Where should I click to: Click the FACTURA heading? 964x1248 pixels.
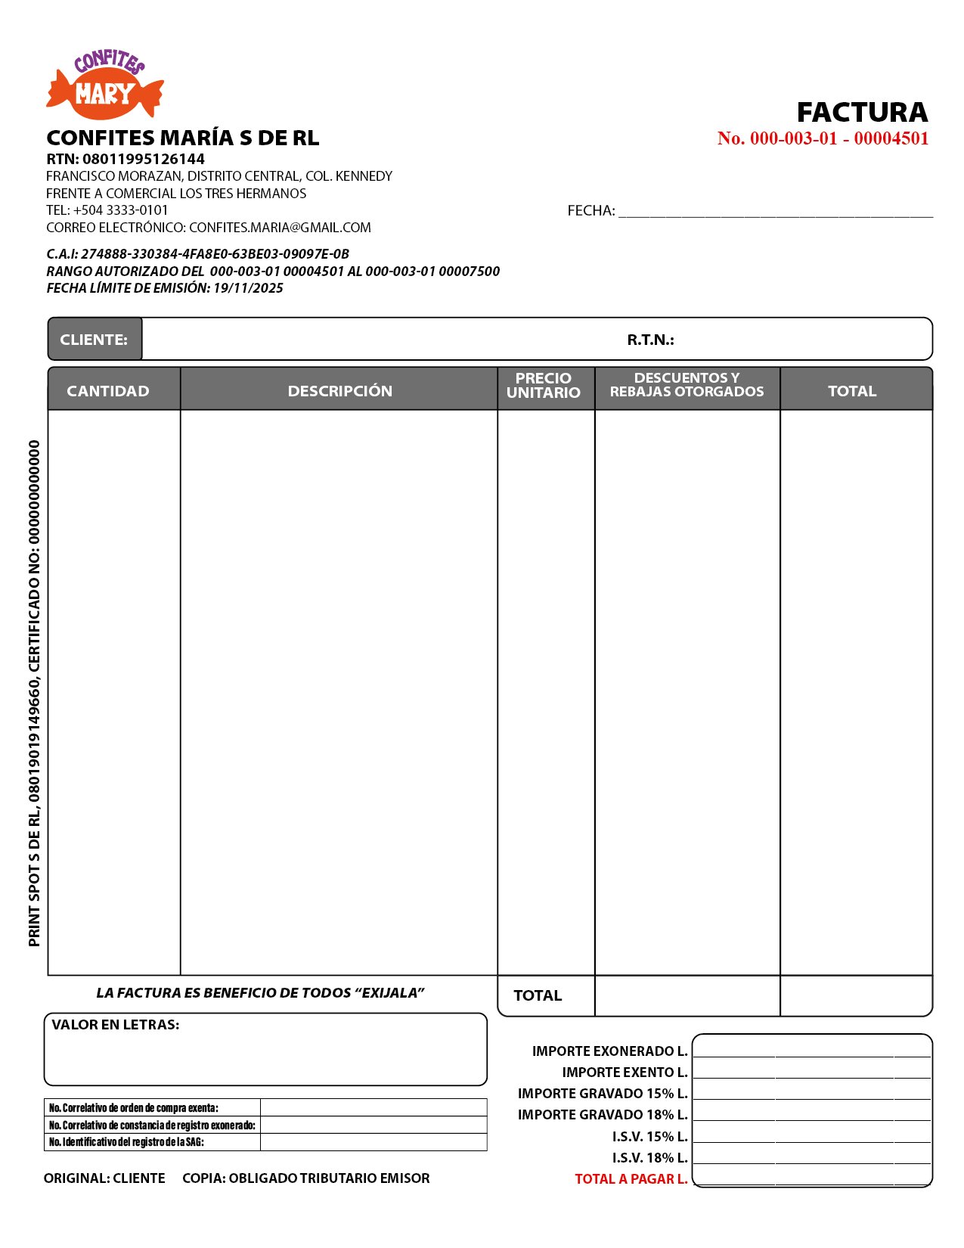(x=862, y=113)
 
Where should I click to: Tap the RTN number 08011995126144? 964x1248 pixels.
(x=143, y=159)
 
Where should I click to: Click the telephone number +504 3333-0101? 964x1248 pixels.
(x=121, y=210)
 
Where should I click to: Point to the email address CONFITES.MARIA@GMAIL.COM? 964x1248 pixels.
(x=280, y=228)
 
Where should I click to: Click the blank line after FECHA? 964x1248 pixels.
(x=775, y=211)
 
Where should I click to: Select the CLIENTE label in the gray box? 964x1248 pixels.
(x=94, y=340)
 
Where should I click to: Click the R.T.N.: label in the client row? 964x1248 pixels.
(x=650, y=340)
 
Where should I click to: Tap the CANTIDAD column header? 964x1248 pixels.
(x=108, y=391)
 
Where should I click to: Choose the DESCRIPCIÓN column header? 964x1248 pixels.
(x=339, y=391)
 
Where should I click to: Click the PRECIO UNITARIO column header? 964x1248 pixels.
(x=543, y=386)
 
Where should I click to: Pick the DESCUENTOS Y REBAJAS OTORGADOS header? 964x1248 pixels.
(x=687, y=385)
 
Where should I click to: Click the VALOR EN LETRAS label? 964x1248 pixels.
(x=115, y=1025)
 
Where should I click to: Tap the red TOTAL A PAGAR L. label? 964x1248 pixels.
(x=631, y=1179)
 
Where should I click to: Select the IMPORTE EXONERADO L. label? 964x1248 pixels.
(x=609, y=1051)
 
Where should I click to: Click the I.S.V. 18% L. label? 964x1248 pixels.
(x=649, y=1158)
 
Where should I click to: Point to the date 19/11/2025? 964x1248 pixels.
(x=248, y=288)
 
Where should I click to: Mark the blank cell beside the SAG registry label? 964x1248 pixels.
(x=374, y=1142)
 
